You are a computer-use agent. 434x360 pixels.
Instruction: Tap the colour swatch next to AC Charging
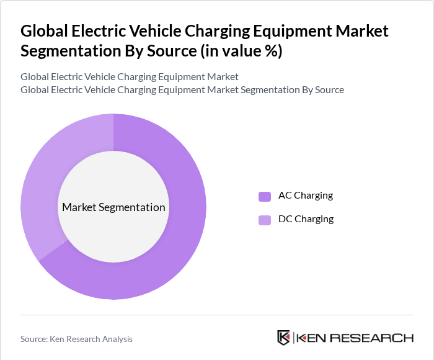coord(265,196)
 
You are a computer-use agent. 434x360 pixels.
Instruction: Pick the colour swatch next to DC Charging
coord(265,220)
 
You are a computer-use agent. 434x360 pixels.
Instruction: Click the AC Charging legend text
coord(305,196)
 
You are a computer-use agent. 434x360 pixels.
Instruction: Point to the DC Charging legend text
coord(306,219)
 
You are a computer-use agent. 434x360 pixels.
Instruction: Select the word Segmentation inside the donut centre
coord(135,207)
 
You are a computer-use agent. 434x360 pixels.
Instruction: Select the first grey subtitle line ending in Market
coord(129,77)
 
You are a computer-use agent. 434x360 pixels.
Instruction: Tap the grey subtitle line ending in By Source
coord(182,89)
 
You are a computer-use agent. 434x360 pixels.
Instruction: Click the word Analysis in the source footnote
coord(115,339)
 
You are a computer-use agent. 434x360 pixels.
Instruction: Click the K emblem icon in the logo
coord(283,338)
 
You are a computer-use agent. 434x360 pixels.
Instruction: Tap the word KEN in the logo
coord(311,338)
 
